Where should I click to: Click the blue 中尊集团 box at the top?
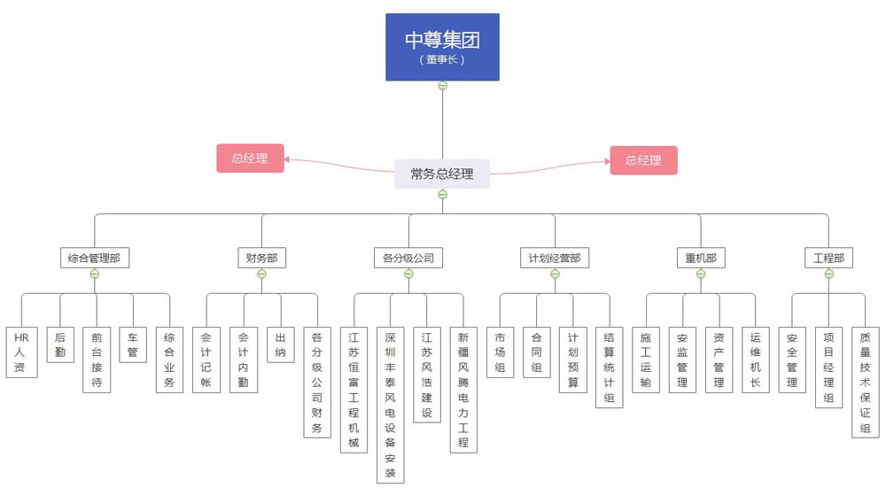click(x=442, y=47)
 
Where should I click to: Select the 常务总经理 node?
click(x=442, y=174)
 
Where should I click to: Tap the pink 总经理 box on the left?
click(x=250, y=159)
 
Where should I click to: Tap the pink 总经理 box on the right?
click(x=643, y=160)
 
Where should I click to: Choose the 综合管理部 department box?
click(x=95, y=259)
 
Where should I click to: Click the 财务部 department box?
click(x=262, y=259)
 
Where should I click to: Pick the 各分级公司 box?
click(x=408, y=259)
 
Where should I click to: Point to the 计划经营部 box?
click(x=555, y=259)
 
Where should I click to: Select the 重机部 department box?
click(x=701, y=259)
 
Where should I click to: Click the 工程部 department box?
click(x=829, y=259)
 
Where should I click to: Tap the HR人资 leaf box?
click(x=20, y=352)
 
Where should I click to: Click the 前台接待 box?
click(x=97, y=360)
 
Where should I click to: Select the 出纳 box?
click(x=281, y=344)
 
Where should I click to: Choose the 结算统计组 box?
click(x=610, y=367)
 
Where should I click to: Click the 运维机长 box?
click(x=756, y=360)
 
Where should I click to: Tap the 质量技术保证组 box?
click(x=866, y=382)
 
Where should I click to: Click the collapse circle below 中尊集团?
click(x=442, y=86)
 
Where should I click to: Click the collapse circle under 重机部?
click(x=701, y=274)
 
